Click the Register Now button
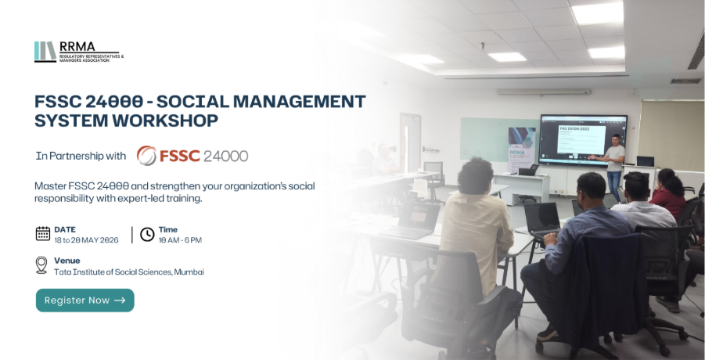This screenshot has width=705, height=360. [85, 301]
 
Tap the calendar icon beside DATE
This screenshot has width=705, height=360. [43, 233]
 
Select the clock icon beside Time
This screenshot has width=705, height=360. [147, 233]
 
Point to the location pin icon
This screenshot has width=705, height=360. [41, 265]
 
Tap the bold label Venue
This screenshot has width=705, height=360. [67, 260]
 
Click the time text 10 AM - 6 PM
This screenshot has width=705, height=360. [180, 239]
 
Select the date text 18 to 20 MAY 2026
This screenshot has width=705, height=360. [86, 239]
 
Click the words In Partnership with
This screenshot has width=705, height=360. [81, 156]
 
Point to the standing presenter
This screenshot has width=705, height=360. [615, 164]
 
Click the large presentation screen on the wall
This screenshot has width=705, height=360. [582, 139]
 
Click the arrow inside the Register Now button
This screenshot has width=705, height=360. [120, 301]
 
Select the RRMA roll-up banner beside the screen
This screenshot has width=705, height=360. [520, 149]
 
